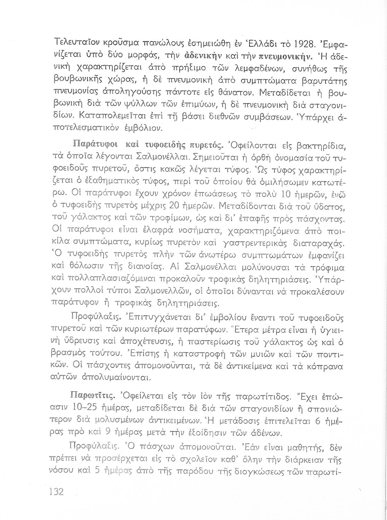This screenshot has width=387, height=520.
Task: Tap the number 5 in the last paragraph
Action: [97, 471]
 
